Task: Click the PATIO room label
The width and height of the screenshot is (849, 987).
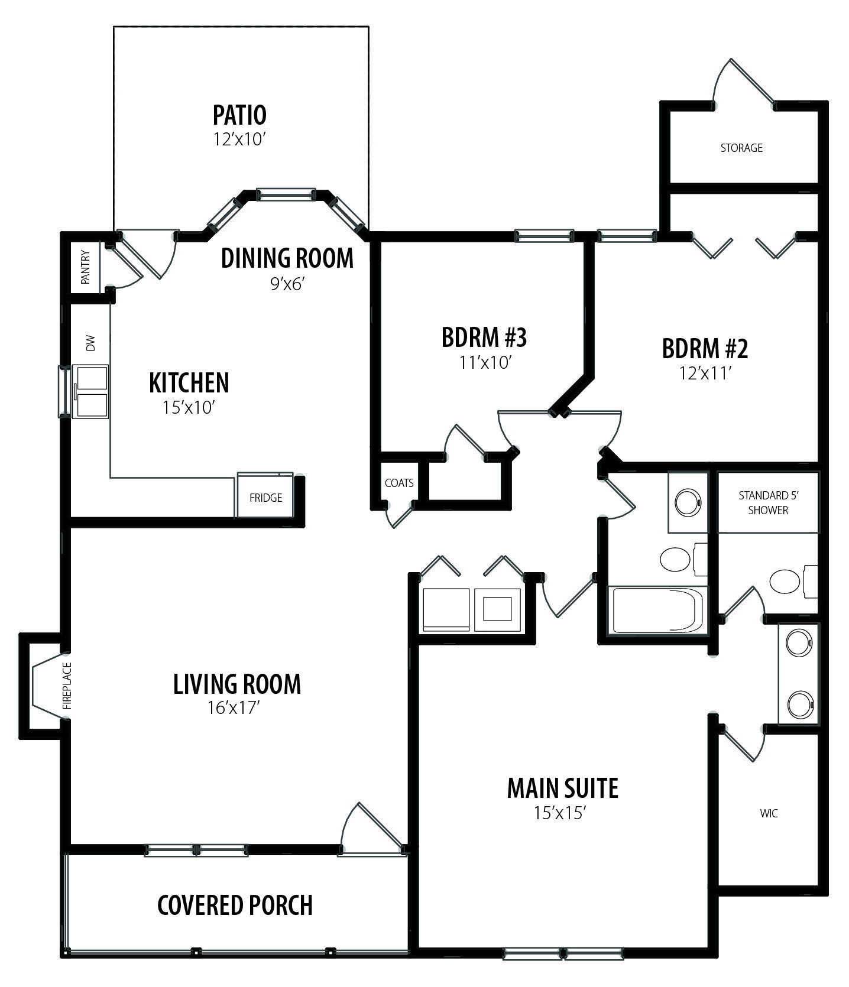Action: pos(239,115)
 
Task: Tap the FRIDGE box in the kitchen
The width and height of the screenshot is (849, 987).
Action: pos(265,495)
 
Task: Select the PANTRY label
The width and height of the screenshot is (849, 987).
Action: pos(85,268)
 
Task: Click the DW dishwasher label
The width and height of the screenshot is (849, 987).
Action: pos(90,343)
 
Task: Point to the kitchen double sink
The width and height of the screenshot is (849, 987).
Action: pos(90,391)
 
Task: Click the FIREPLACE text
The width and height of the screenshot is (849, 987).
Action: pos(67,686)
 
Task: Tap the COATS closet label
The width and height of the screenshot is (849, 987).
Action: pos(399,483)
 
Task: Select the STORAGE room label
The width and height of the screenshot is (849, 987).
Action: pos(741,148)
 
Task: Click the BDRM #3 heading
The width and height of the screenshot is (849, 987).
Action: pos(484,337)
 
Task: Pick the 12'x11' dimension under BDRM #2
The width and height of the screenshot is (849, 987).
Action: pos(706,373)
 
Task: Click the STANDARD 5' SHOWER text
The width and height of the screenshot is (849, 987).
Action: pos(768,502)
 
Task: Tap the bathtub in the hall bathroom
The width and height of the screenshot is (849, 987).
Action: pos(657,609)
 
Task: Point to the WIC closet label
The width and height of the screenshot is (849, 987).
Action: pos(769,814)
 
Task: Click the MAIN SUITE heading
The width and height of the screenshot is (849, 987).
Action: pos(563,788)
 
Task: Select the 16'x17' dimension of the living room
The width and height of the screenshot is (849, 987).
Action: pos(234,707)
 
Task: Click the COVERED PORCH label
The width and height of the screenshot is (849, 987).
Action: pos(235,905)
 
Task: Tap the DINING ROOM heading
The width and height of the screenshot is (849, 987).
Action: pos(287,258)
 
